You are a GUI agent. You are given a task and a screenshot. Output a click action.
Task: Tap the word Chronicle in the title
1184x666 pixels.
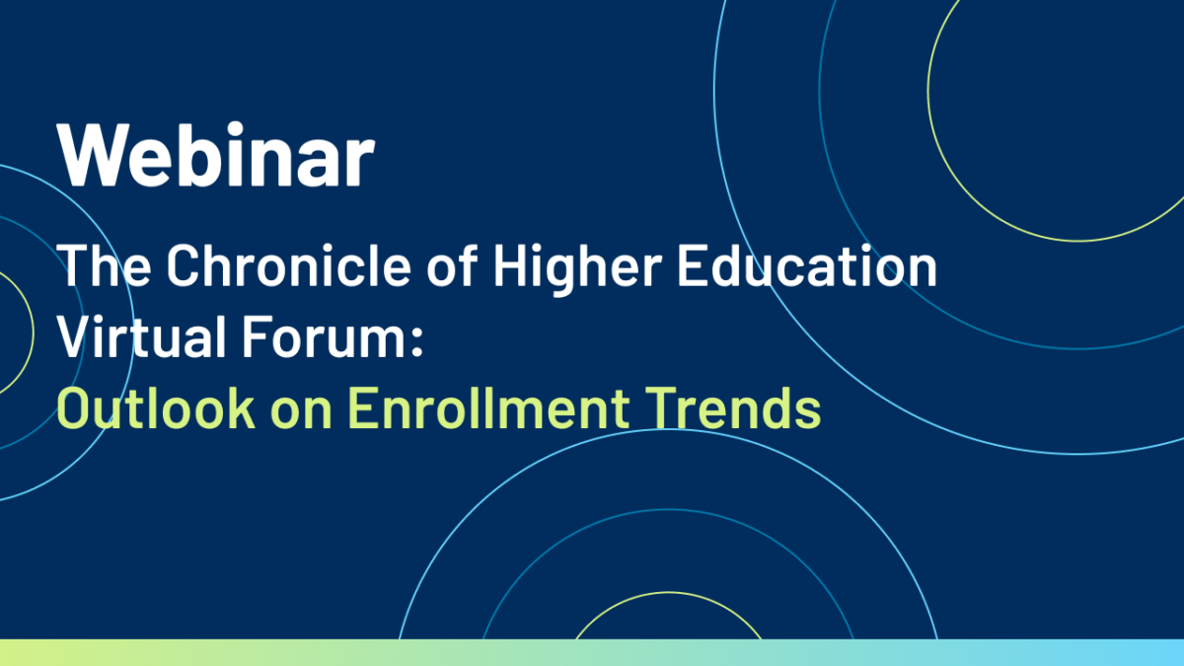[x=288, y=264]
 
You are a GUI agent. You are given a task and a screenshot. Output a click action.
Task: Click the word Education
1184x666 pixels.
[x=807, y=264]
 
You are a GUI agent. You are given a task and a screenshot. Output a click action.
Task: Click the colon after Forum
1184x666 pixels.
[x=416, y=343]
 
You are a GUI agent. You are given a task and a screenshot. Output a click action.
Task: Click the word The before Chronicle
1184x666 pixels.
[x=104, y=264]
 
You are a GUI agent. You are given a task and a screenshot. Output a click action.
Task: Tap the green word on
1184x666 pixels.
[x=301, y=414]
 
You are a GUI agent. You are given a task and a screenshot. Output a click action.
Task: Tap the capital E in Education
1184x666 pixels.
[x=692, y=264]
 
